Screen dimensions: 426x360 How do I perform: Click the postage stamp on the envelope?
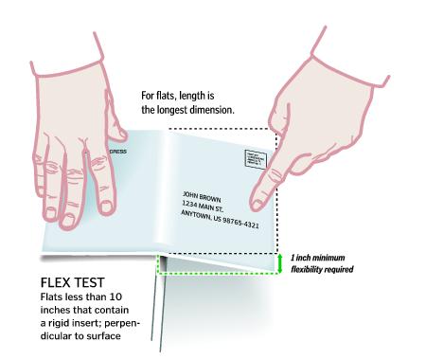[x=256, y=161]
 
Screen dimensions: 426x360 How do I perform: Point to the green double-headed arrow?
[x=281, y=261]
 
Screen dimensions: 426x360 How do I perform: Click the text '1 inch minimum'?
[x=319, y=257]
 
